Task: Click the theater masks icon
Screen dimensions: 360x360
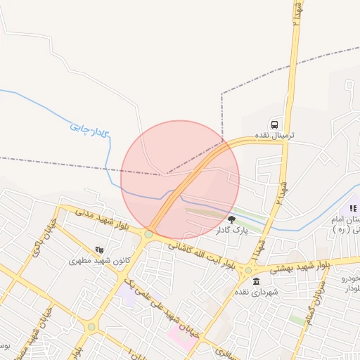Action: (99, 249)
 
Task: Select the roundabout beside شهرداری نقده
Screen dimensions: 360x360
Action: (247, 270)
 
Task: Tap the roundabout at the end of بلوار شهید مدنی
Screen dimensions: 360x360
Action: (149, 234)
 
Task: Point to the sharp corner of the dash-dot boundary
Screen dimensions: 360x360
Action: (222, 93)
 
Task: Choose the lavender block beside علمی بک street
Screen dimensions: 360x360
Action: (127, 290)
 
